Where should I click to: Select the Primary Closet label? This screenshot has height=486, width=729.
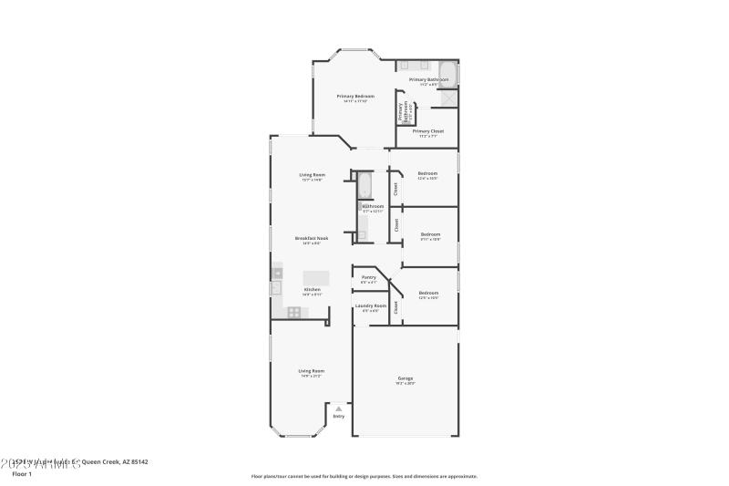(x=427, y=131)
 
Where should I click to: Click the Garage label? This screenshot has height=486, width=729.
(x=406, y=377)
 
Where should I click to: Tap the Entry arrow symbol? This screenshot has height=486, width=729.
(x=339, y=408)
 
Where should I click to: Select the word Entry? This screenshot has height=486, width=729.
(x=339, y=417)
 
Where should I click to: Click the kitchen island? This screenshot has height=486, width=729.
(x=316, y=277)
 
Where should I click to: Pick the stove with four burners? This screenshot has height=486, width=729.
(x=294, y=312)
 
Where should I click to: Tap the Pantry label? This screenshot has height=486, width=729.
(x=369, y=277)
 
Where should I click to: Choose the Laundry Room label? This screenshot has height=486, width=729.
(x=370, y=305)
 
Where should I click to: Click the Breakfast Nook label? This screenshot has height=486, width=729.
(x=312, y=237)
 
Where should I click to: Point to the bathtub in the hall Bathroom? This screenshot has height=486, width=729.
(x=364, y=185)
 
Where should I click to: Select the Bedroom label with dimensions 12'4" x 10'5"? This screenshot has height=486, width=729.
(x=427, y=173)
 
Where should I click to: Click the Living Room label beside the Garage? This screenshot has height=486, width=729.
(x=312, y=371)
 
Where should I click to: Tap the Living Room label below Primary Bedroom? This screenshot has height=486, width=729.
(x=312, y=174)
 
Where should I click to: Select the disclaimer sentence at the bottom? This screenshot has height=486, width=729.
(x=364, y=476)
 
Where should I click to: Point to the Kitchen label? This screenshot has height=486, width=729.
(x=312, y=289)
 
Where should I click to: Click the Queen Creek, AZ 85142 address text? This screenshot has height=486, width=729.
(x=115, y=462)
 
